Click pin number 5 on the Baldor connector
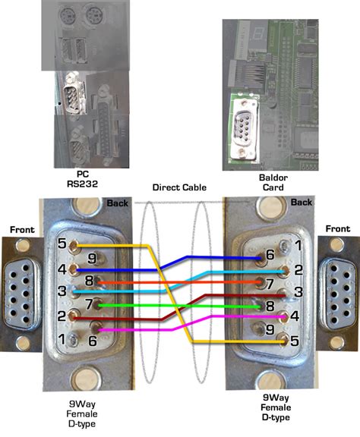pos(284,341)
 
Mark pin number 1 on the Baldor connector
pos(284,246)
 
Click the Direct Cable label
pos(179,187)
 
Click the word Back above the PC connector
pos(118,203)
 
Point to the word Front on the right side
pos(337,228)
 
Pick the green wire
pos(182,305)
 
